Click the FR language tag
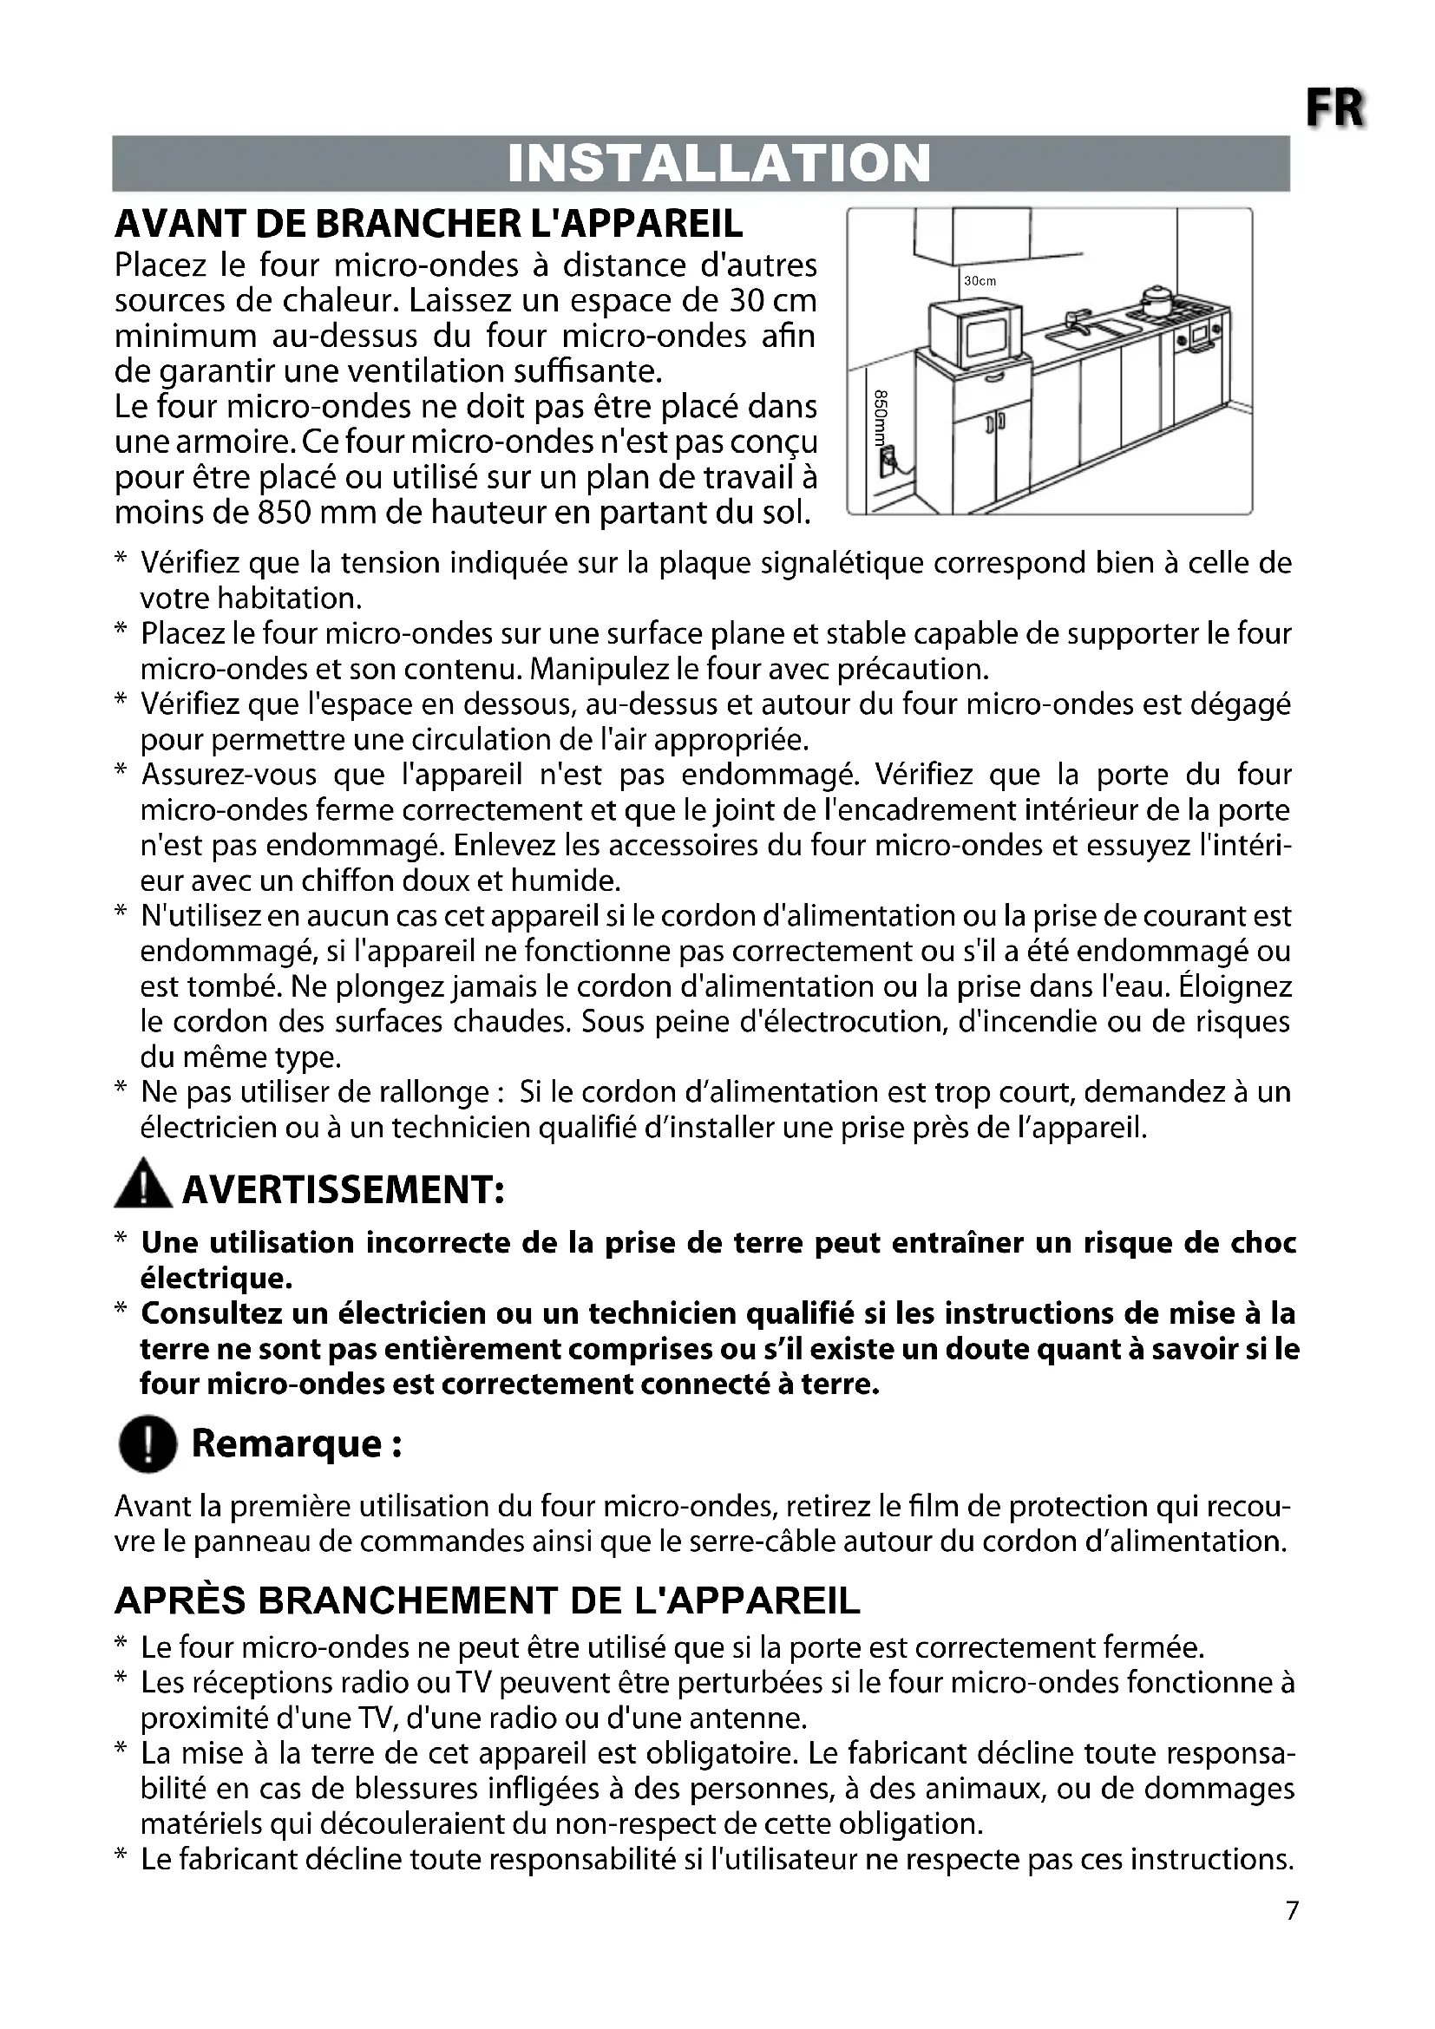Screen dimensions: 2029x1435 click(1335, 110)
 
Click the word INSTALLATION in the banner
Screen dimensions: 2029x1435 click(719, 163)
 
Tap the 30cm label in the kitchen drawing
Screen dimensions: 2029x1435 click(979, 281)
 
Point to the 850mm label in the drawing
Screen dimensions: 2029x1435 click(881, 421)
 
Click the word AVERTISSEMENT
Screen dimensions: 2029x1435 click(343, 1190)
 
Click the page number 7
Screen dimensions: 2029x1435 click(1292, 1912)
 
